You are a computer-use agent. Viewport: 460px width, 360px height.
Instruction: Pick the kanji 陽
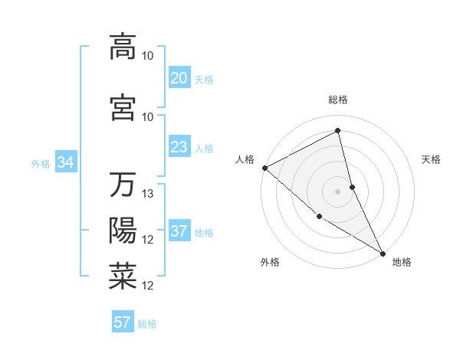[x=123, y=230]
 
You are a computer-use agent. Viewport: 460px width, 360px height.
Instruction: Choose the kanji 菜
[x=123, y=276]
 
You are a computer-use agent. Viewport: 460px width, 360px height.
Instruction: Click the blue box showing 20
[x=179, y=78]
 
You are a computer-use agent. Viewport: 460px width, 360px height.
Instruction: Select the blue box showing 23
[x=179, y=147]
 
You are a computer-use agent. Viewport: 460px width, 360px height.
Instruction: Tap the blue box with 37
[x=179, y=232]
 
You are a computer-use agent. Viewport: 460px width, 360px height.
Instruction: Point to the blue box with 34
[x=65, y=162]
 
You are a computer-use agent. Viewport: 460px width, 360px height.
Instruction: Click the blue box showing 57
[x=123, y=322]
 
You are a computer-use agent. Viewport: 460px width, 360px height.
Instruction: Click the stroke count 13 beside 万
[x=149, y=194]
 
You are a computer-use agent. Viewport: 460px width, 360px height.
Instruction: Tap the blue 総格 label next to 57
[x=147, y=324]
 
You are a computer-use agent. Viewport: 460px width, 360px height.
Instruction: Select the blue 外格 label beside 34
[x=41, y=163]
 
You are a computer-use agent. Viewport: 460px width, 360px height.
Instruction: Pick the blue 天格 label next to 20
[x=204, y=80]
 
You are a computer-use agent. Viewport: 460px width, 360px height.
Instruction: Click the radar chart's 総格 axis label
[x=337, y=100]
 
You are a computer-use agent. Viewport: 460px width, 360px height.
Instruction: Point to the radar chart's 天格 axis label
[x=432, y=159]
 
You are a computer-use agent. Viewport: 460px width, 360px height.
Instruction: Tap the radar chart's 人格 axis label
[x=245, y=159]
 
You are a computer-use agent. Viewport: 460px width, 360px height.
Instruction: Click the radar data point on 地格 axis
[x=383, y=252]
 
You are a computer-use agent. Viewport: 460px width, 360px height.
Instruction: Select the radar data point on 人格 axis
[x=264, y=168]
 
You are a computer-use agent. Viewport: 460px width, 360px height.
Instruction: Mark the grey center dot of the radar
[x=337, y=191]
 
